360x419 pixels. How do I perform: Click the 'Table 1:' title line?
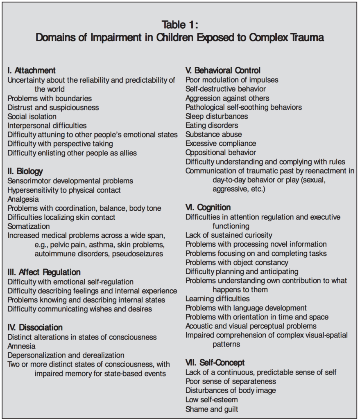180,24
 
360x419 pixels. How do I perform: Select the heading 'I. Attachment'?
32,70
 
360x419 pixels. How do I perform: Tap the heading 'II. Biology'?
25,171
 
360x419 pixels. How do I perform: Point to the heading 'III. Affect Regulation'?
44,272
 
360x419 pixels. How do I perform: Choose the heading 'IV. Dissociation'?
35,327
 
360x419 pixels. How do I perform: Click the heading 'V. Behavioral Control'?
223,70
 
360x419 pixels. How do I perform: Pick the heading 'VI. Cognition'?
208,207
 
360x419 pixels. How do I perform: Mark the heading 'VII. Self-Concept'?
215,363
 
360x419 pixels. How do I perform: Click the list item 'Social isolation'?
32,117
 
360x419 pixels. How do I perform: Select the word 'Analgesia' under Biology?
23,199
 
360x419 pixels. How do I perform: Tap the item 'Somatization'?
29,226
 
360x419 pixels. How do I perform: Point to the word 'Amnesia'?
22,346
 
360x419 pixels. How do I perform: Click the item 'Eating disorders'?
212,125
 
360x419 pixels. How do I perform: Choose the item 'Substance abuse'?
214,134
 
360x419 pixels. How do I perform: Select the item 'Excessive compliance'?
221,143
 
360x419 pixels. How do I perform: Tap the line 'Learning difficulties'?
217,299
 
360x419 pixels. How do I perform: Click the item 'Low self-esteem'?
211,399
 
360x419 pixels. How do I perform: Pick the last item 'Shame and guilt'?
212,409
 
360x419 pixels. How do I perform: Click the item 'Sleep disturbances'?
217,116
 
